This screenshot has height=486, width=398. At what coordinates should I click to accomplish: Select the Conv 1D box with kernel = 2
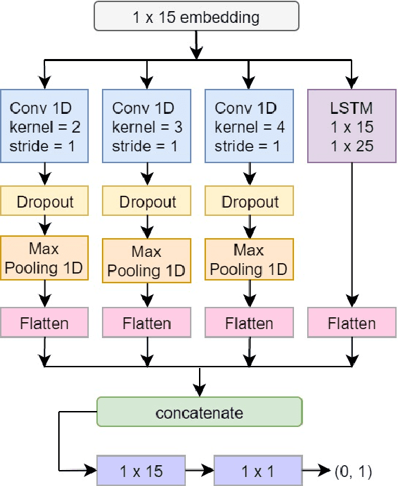click(44, 125)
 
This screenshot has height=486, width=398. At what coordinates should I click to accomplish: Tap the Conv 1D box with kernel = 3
click(147, 125)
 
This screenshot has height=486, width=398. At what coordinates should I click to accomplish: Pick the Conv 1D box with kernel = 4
click(250, 125)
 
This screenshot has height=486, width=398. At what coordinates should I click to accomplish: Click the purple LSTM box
click(352, 125)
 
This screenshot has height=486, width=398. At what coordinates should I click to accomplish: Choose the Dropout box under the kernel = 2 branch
click(44, 202)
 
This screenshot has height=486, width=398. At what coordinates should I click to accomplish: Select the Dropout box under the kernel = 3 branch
click(147, 202)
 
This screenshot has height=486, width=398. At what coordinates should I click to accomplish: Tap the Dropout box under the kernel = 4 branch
click(250, 202)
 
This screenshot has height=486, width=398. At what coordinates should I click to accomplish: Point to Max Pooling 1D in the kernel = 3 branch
click(147, 260)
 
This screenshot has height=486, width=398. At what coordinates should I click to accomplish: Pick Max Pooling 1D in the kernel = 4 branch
click(250, 259)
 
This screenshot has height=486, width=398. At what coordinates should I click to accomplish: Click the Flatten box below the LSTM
click(352, 324)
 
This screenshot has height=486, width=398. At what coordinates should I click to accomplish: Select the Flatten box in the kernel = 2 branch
click(44, 324)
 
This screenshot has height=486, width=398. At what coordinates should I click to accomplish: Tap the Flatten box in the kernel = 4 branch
click(250, 324)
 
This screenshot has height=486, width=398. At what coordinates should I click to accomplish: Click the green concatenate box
click(200, 412)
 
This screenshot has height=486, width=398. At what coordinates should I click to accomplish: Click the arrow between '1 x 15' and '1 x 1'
click(200, 471)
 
